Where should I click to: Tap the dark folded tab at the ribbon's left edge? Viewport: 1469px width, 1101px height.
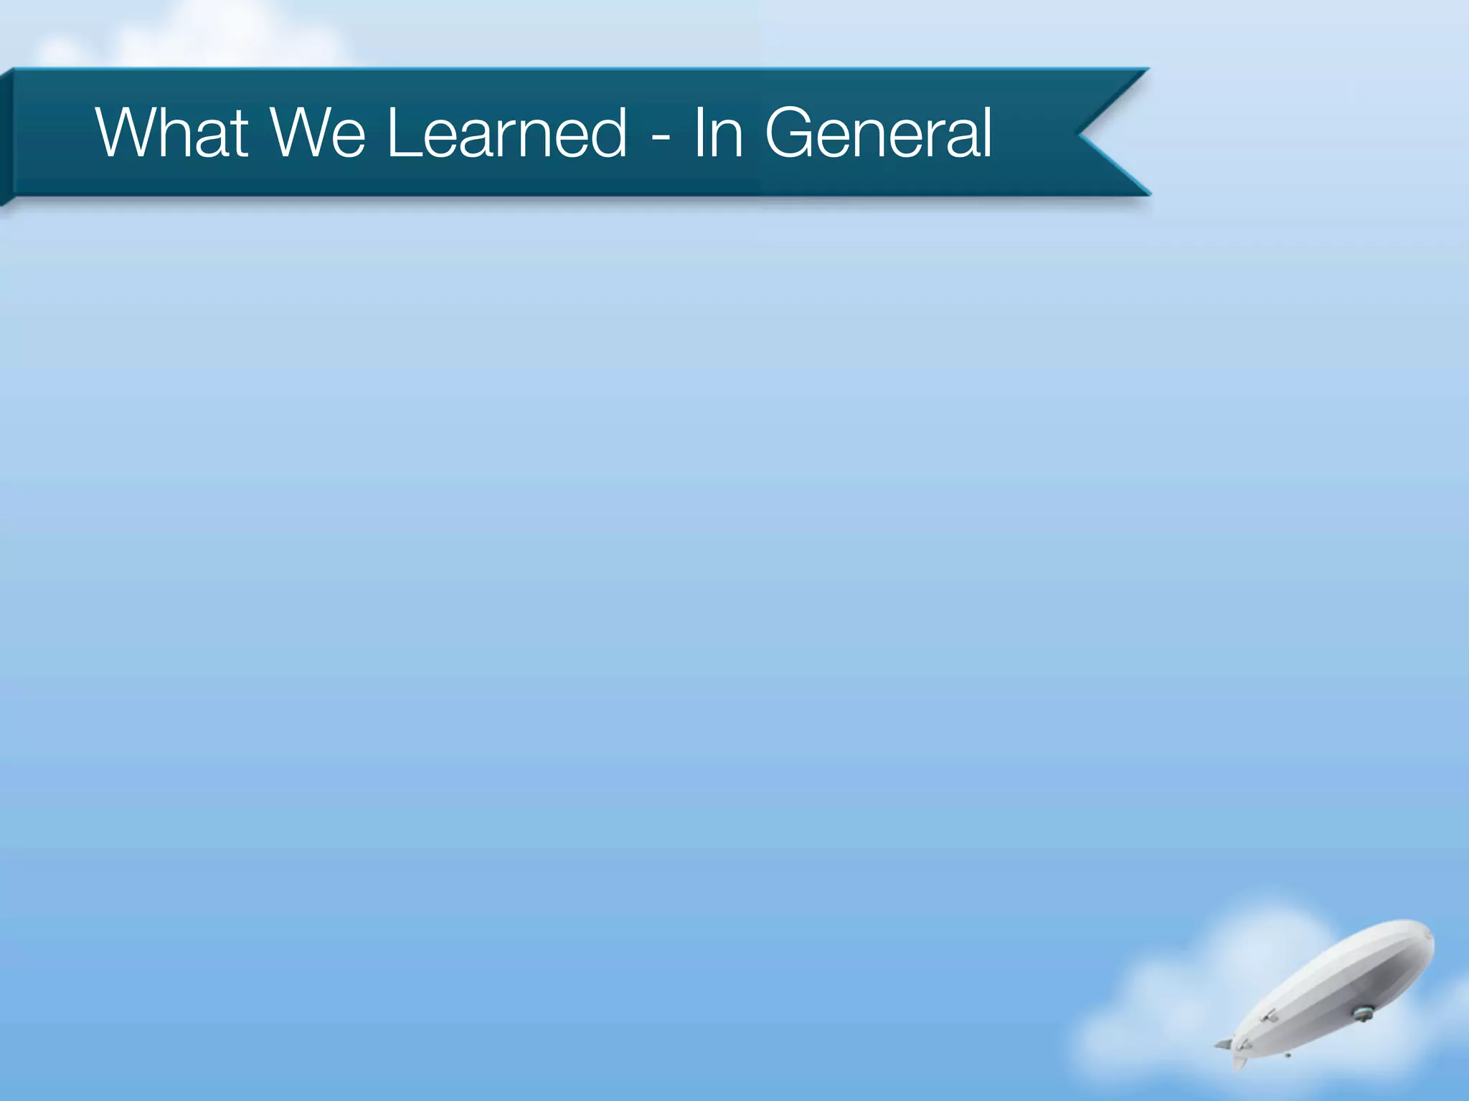(6, 136)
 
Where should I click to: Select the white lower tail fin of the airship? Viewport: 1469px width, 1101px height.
(1239, 1063)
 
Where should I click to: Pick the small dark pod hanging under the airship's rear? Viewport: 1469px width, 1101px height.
(1288, 1055)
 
